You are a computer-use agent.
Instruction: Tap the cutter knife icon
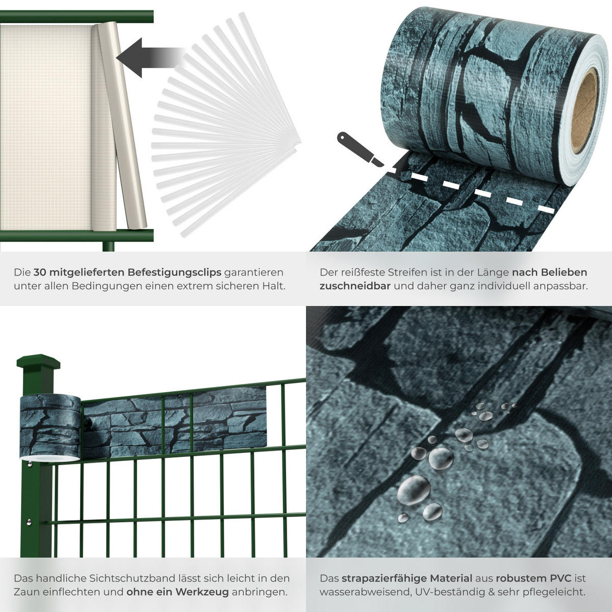pyautogui.click(x=361, y=149)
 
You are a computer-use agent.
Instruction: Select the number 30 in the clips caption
pyautogui.click(x=40, y=272)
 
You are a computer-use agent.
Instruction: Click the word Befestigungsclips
pyautogui.click(x=174, y=273)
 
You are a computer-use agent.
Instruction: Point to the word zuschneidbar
pyautogui.click(x=355, y=286)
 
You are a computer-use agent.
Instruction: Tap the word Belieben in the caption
pyautogui.click(x=564, y=272)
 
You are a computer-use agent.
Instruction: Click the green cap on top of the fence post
pyautogui.click(x=38, y=361)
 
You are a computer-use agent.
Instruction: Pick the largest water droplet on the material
pyautogui.click(x=414, y=490)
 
